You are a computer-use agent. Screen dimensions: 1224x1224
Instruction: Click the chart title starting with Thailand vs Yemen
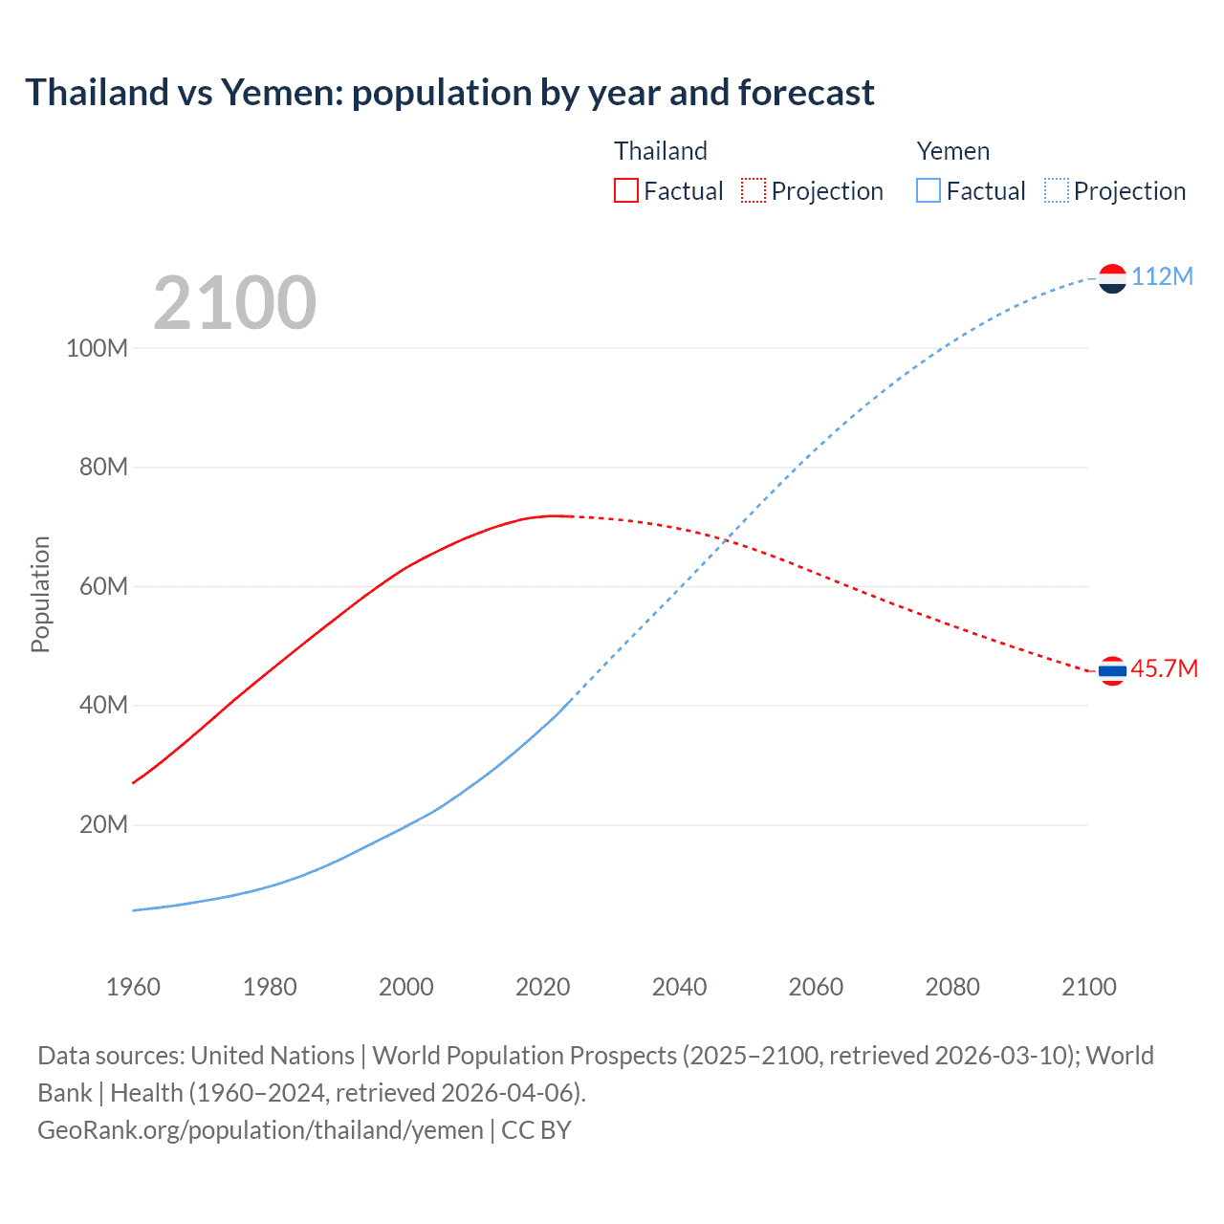click(449, 93)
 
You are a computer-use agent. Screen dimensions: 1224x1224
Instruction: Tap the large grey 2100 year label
click(234, 303)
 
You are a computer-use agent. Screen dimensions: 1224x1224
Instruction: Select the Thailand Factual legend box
click(625, 190)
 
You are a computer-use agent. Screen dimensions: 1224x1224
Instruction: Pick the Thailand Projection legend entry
click(812, 191)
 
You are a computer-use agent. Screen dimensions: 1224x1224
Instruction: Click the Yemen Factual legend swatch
click(928, 190)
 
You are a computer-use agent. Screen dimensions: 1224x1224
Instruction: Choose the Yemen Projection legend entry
click(1115, 191)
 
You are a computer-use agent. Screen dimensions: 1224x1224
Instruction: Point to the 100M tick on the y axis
click(97, 348)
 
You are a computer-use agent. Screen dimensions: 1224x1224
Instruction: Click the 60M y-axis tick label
click(103, 586)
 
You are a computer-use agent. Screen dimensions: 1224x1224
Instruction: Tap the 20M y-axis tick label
click(103, 824)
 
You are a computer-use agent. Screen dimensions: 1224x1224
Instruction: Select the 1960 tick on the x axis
click(133, 987)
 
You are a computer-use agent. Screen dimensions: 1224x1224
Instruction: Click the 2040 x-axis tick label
click(679, 987)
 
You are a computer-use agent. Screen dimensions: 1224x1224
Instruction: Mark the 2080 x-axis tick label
click(952, 987)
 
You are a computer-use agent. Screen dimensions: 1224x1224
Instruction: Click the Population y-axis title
click(40, 594)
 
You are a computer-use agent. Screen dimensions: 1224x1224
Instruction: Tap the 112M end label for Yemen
click(1162, 276)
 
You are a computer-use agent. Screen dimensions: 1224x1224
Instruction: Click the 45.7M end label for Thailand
click(1164, 668)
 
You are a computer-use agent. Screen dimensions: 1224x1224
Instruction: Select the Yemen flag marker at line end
click(1112, 278)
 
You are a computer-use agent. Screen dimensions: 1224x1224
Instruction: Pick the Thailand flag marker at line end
click(1112, 671)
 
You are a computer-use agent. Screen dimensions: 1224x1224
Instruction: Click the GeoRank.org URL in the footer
click(260, 1130)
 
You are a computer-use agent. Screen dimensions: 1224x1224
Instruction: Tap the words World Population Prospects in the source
click(524, 1056)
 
